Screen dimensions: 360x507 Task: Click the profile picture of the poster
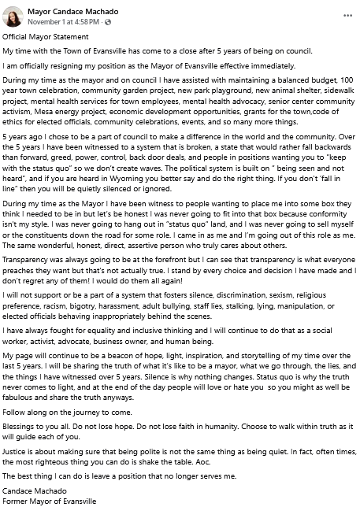coord(14,17)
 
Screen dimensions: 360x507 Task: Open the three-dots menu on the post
coord(347,16)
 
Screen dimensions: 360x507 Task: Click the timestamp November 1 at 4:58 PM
coord(58,21)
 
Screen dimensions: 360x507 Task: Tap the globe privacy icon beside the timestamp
coord(95,22)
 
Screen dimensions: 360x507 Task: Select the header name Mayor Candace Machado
coord(72,11)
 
